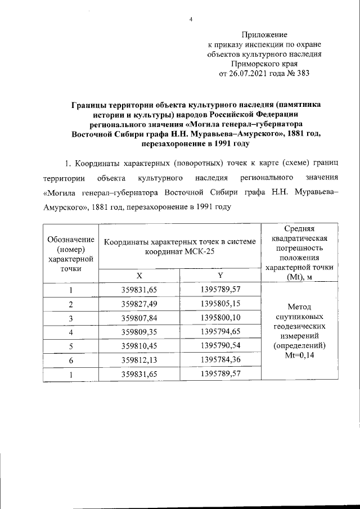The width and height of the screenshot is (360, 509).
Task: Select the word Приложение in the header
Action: [x=264, y=35]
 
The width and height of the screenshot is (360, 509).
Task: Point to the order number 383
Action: [x=301, y=73]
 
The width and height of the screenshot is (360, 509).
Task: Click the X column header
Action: [x=139, y=276]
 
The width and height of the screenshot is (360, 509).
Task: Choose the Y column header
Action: [x=220, y=276]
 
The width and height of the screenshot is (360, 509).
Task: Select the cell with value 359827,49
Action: [x=139, y=304]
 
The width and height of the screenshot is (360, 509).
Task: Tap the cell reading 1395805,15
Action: [x=220, y=304]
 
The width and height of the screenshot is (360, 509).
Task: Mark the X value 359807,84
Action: [x=139, y=318]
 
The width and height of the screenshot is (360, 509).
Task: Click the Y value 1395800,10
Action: [x=220, y=318]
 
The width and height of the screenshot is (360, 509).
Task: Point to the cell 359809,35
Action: [x=139, y=332]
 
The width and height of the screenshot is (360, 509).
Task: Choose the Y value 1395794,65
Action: [x=220, y=332]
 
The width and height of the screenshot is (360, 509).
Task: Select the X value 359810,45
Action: [x=139, y=346]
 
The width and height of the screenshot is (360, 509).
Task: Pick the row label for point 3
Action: [x=71, y=318]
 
